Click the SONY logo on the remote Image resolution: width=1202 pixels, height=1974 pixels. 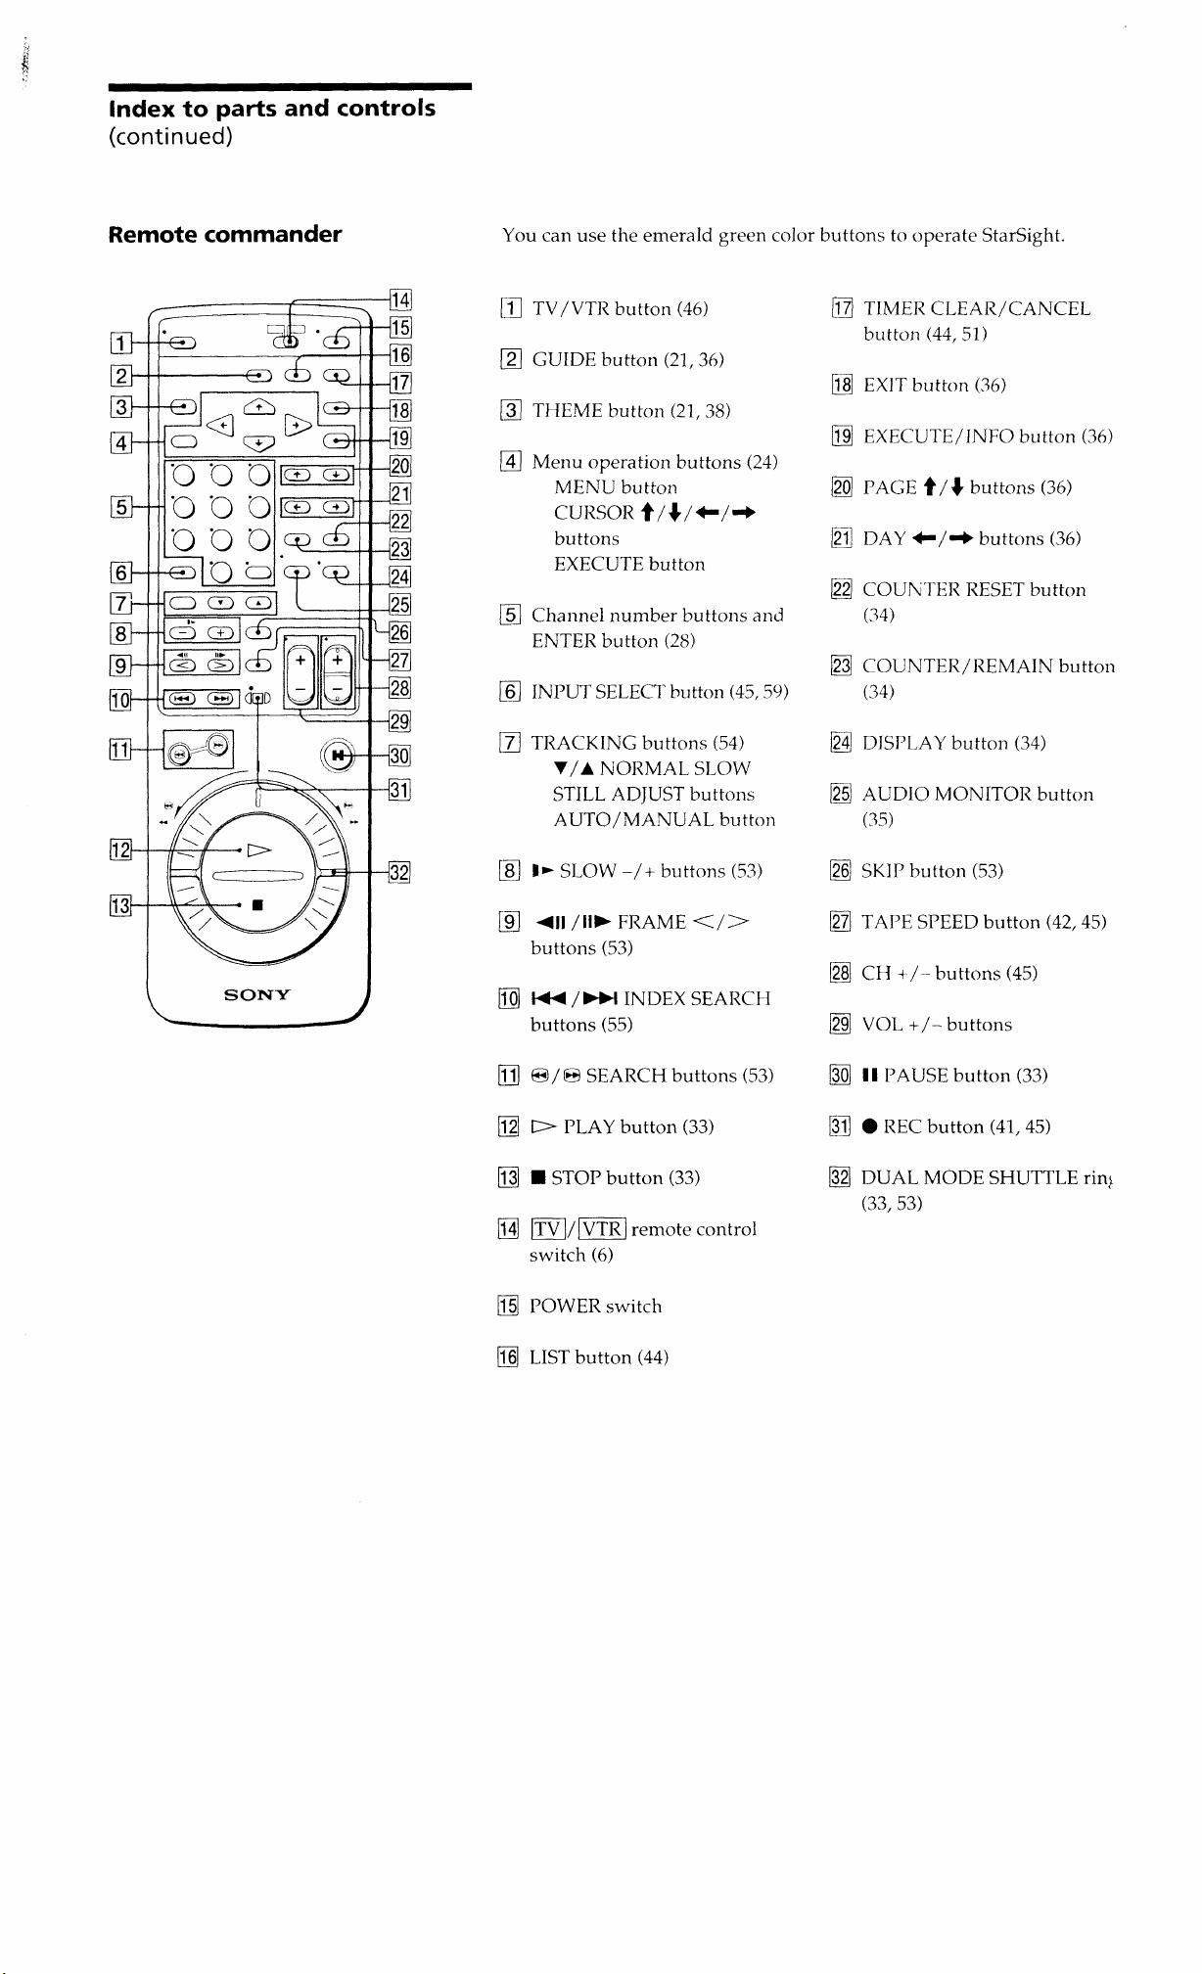coord(256,995)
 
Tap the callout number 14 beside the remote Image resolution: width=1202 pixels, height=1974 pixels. coord(400,300)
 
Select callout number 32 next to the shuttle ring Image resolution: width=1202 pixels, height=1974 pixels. coord(399,871)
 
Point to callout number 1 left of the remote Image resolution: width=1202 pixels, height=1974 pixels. coord(120,343)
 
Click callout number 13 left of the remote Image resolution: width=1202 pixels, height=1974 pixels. coord(120,904)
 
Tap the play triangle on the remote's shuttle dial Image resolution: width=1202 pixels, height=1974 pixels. coord(258,849)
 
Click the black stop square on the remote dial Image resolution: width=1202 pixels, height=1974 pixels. coord(256,905)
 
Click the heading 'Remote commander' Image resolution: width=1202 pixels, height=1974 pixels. coord(225,234)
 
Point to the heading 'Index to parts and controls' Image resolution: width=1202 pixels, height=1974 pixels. coord(272,108)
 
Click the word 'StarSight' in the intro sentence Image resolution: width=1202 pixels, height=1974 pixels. coord(1021,236)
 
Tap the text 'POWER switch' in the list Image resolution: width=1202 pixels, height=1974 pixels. coord(595,1307)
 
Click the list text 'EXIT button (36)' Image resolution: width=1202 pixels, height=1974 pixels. coord(934,386)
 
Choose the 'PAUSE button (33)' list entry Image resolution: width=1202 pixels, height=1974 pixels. coord(954,1076)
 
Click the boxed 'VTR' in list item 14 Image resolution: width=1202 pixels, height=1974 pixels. coord(602,1229)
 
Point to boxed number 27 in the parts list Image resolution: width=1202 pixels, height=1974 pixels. coord(841,923)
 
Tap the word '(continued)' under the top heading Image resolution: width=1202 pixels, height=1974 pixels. coord(170,137)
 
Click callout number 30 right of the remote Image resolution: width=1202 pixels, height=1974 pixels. coord(399,756)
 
